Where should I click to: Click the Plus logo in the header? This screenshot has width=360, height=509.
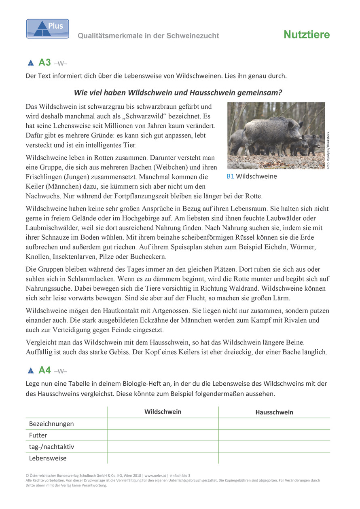[x=47, y=29]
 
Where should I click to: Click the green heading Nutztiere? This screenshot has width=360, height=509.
[x=307, y=35]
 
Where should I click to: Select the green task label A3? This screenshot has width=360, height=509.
[x=44, y=63]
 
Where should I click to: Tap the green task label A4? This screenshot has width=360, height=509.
[x=44, y=370]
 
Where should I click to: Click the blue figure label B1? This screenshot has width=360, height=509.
[x=230, y=176]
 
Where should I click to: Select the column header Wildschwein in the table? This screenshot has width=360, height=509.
[x=163, y=412]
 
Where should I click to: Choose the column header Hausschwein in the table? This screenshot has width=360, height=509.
[x=274, y=412]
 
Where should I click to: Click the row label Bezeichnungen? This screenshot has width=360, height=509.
[x=51, y=424]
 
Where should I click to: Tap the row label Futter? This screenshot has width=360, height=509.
[x=38, y=435]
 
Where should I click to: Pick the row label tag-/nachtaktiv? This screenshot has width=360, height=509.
[x=51, y=447]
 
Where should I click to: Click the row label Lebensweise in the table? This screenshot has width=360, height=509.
[x=48, y=458]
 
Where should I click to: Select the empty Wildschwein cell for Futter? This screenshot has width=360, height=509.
[x=163, y=435]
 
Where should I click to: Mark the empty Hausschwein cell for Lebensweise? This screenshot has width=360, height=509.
[x=274, y=458]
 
